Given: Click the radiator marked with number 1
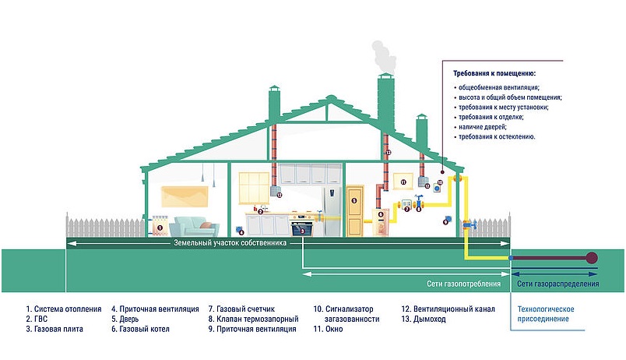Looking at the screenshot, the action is click(160, 226).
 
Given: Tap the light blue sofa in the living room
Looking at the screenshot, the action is click(194, 227).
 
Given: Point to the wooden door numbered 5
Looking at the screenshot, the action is click(354, 210).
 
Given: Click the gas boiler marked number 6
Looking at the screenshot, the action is click(381, 222).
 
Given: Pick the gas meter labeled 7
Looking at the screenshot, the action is click(406, 205).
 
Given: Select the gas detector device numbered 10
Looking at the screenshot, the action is click(438, 186).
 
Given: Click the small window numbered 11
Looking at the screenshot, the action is click(403, 181).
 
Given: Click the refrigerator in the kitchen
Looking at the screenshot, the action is click(332, 211).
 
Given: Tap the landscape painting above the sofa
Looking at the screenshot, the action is click(185, 196).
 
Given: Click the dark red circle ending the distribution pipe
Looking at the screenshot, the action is click(591, 258).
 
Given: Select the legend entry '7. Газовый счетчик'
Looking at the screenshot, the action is click(241, 309).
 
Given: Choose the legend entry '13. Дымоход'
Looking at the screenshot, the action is click(424, 319).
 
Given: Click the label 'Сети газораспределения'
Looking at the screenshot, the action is click(557, 284).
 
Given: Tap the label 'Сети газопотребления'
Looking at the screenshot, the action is click(463, 284).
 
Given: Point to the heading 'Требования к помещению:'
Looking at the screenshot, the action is click(494, 73).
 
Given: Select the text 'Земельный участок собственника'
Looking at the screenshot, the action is click(230, 242).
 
